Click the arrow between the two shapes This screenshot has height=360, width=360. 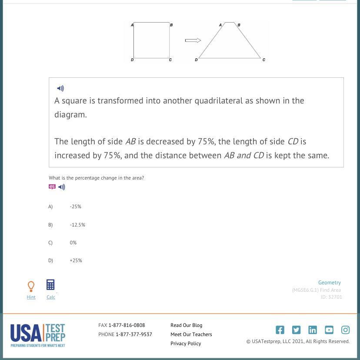click(x=193, y=40)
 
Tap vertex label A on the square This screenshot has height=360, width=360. click(x=132, y=25)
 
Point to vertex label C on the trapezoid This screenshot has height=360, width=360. click(x=263, y=60)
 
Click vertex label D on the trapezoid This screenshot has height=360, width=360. click(x=196, y=60)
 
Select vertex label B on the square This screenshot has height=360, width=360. click(x=171, y=25)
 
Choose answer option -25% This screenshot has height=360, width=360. click(x=76, y=207)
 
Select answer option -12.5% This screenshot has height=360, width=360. click(x=77, y=225)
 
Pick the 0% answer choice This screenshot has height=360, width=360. click(x=73, y=243)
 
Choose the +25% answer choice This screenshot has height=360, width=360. click(x=76, y=260)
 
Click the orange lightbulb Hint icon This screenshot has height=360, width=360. click(x=31, y=287)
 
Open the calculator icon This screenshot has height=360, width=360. click(x=50, y=285)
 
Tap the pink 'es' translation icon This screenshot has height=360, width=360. click(x=52, y=187)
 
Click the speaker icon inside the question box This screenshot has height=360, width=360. click(x=60, y=88)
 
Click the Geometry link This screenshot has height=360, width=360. click(x=329, y=283)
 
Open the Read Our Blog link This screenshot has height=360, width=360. click(x=186, y=325)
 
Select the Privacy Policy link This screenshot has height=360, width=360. click(x=186, y=343)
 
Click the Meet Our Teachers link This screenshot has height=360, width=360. click(x=191, y=334)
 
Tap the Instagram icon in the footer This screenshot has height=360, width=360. click(x=345, y=330)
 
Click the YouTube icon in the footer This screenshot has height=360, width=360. click(x=329, y=330)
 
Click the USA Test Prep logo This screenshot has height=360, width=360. click(x=38, y=335)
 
